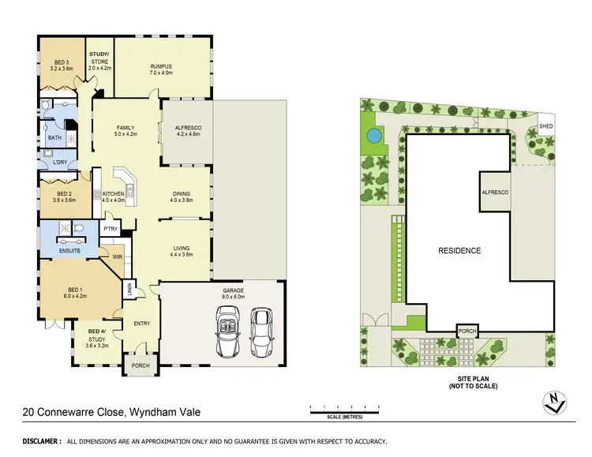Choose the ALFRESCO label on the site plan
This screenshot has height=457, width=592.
pyautogui.click(x=494, y=193)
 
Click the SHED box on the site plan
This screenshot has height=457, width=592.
pyautogui.click(x=545, y=126)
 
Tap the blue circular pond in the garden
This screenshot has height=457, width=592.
pyautogui.click(x=372, y=136)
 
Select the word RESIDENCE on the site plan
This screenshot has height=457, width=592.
pyautogui.click(x=459, y=251)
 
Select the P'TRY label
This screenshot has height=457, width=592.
pyautogui.click(x=111, y=228)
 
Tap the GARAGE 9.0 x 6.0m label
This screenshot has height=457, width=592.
pyautogui.click(x=233, y=294)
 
